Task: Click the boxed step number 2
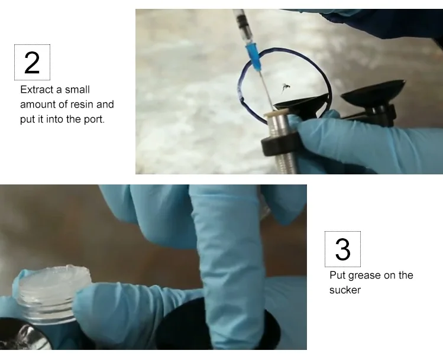[32, 63]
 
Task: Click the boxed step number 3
[342, 249]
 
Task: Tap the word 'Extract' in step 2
[37, 89]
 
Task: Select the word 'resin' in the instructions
[82, 105]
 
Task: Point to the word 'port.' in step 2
[95, 119]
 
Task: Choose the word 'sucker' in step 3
[345, 290]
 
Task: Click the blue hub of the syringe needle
[254, 57]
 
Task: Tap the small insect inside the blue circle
[285, 88]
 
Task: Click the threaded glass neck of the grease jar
[46, 309]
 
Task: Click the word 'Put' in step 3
[337, 275]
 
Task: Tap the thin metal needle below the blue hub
[267, 90]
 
